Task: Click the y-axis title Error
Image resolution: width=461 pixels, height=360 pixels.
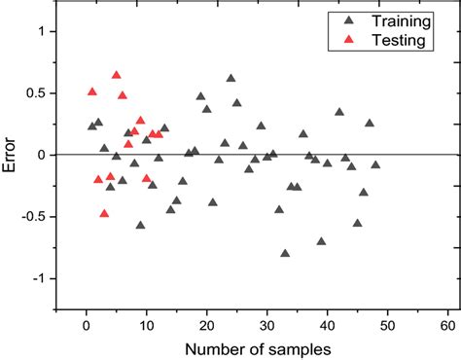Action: [11, 155]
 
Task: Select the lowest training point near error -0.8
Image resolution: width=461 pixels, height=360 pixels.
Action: [285, 253]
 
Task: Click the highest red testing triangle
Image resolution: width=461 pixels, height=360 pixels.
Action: [117, 75]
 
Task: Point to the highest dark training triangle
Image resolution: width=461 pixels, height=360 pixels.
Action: [230, 78]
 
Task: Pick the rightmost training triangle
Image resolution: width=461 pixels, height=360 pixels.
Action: [375, 164]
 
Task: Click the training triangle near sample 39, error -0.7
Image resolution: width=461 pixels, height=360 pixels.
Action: [321, 241]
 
